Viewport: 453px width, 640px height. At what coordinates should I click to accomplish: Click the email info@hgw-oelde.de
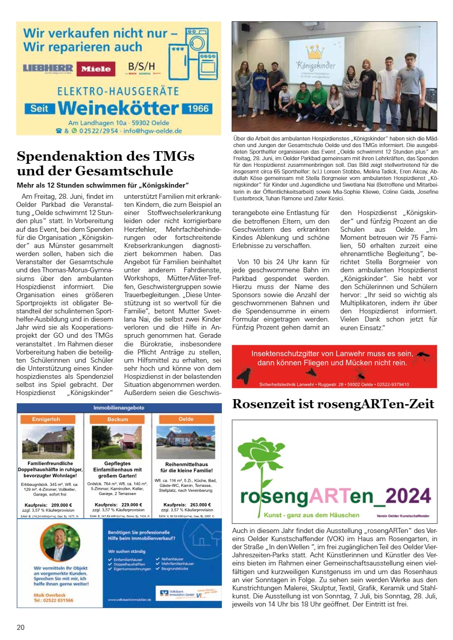(x=152, y=130)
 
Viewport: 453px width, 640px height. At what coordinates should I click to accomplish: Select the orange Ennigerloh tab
(x=46, y=419)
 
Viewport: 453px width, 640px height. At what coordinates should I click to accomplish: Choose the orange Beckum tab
(x=118, y=419)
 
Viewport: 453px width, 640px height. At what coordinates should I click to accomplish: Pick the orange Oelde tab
(x=186, y=419)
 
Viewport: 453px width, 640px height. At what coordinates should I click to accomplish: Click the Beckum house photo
(x=116, y=442)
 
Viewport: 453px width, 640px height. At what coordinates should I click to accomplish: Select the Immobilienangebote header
(x=119, y=408)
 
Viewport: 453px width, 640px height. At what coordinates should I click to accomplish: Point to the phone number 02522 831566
(x=53, y=600)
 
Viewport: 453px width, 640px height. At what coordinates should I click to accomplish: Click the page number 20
(x=20, y=627)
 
